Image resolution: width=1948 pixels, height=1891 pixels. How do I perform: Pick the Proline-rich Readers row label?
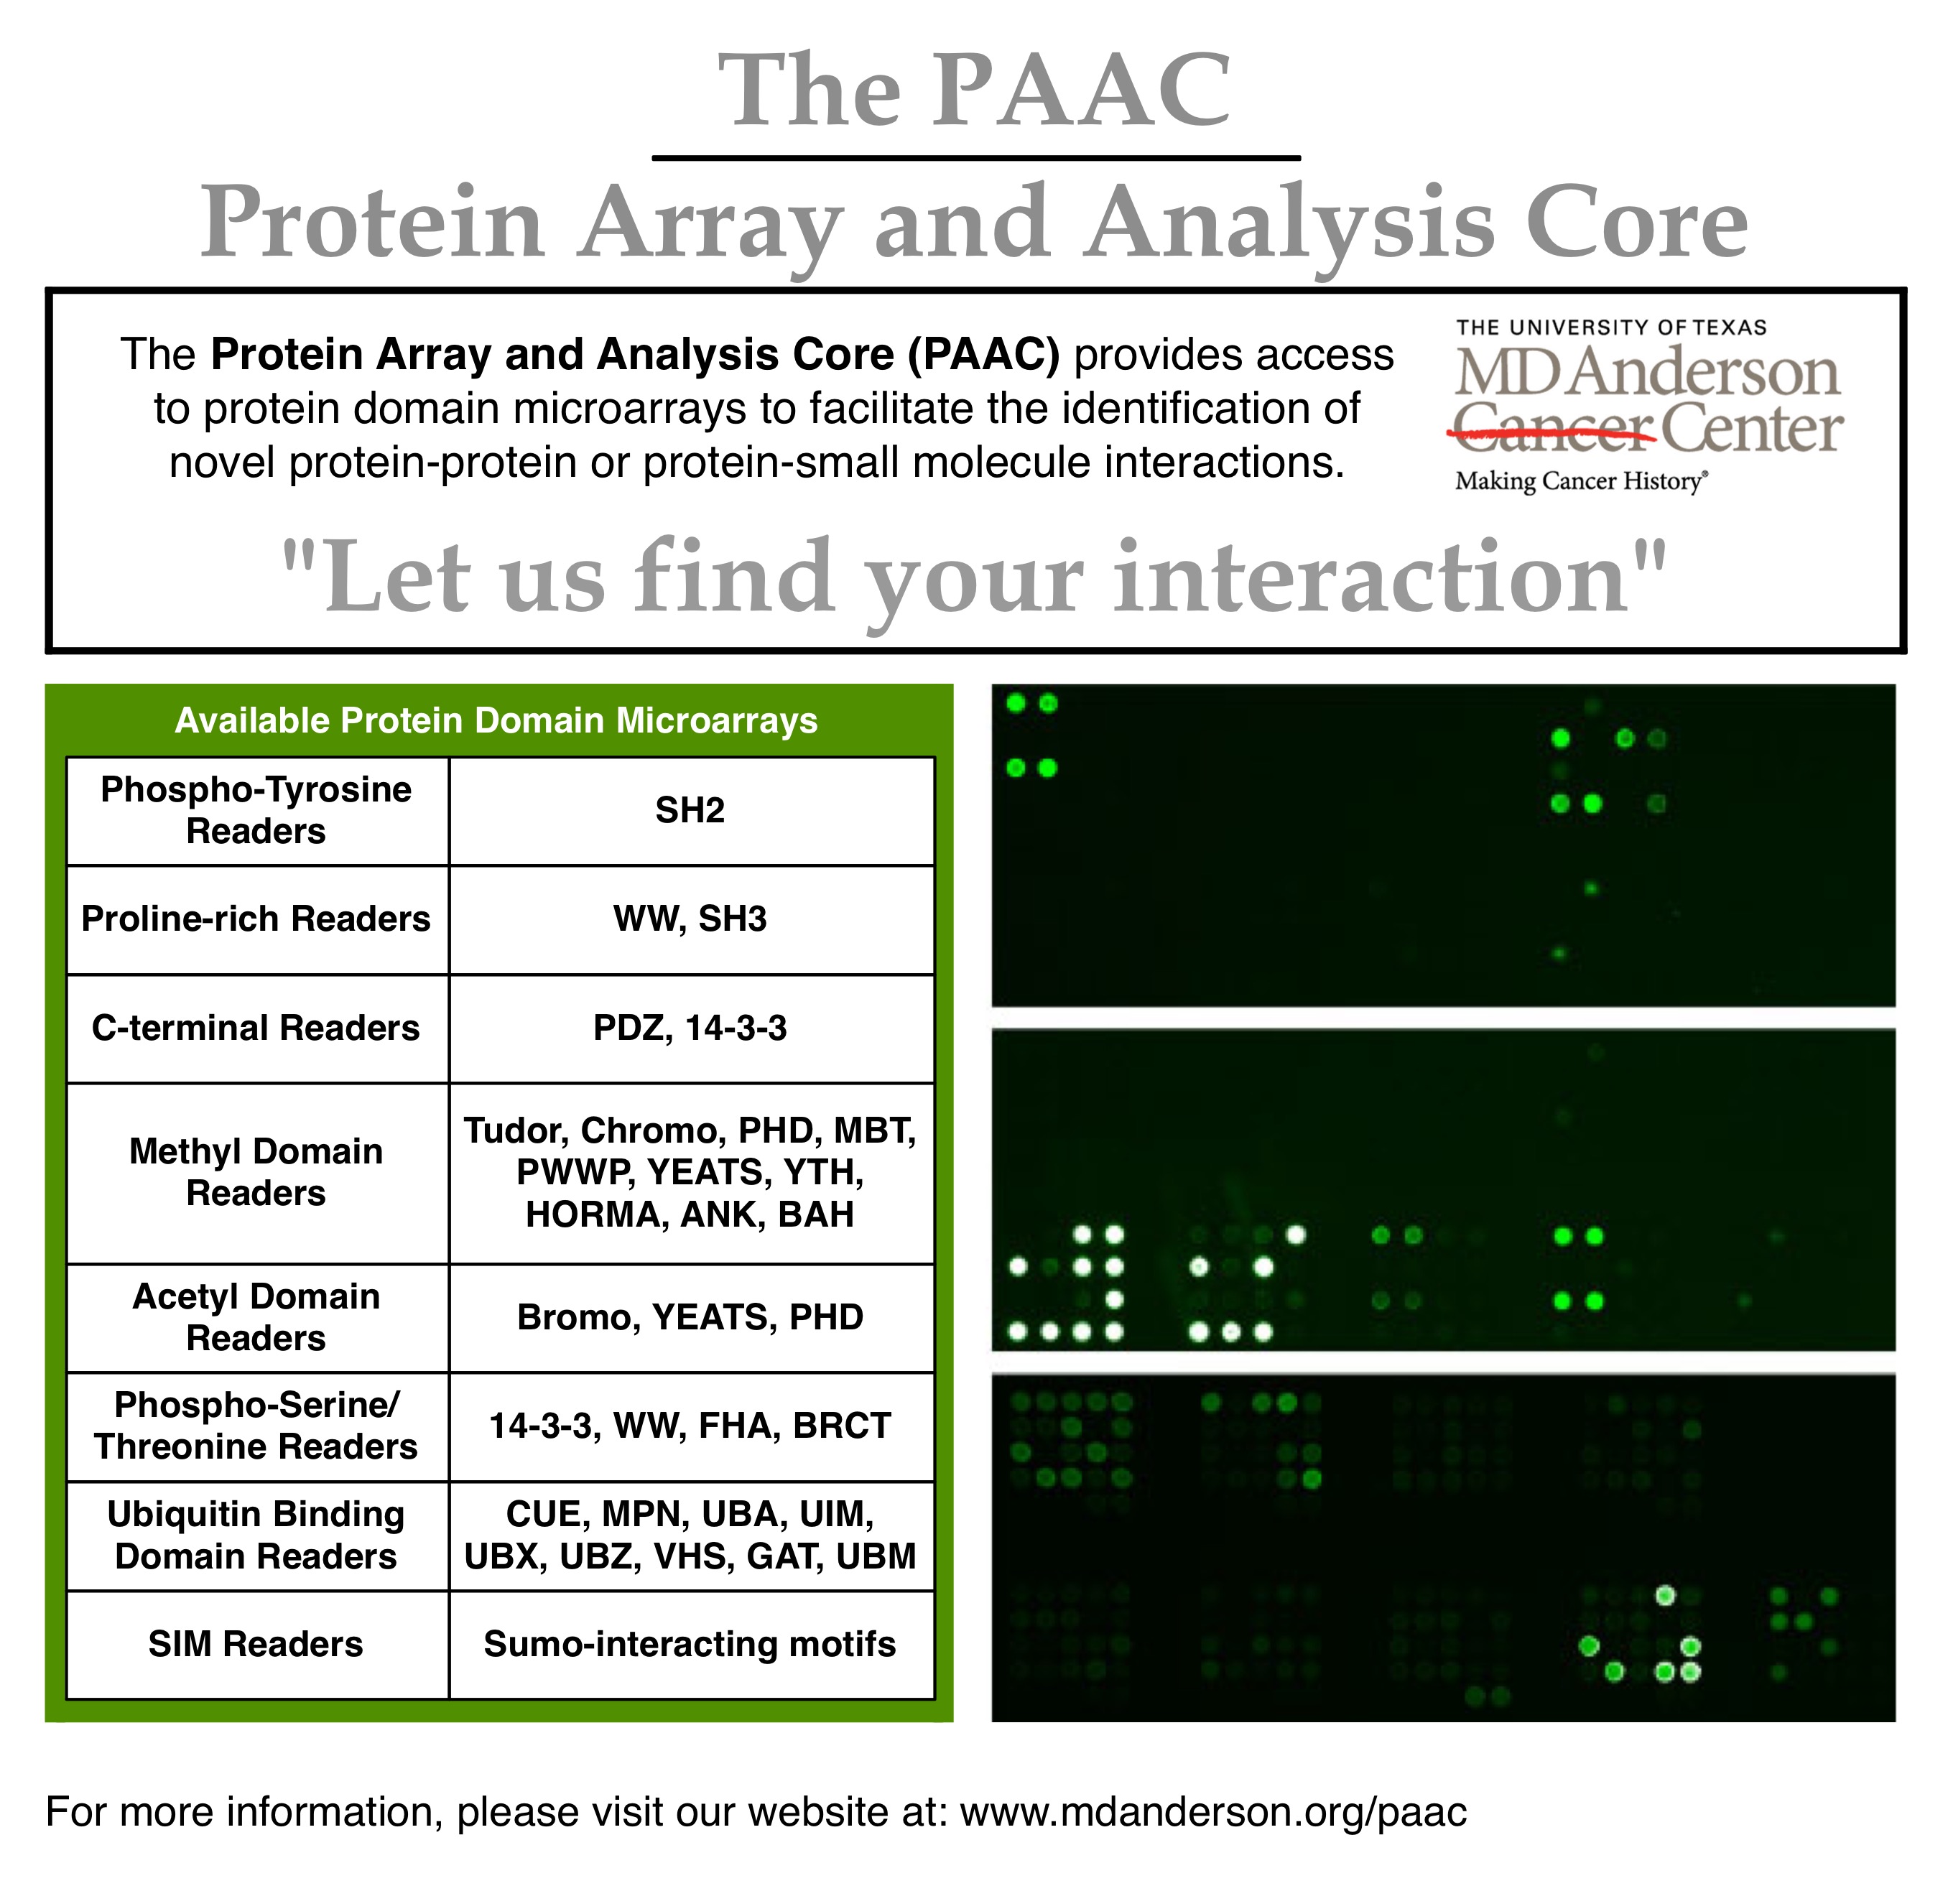click(256, 919)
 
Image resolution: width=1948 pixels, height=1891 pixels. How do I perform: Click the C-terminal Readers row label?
click(256, 1028)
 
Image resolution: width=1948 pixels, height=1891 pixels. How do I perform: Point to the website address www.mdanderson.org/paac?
click(1213, 1811)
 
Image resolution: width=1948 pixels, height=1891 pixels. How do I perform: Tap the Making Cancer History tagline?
click(1581, 482)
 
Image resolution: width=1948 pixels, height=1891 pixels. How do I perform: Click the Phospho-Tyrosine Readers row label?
click(256, 810)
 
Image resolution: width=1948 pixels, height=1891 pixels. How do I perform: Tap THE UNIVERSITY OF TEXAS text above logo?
click(1611, 328)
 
